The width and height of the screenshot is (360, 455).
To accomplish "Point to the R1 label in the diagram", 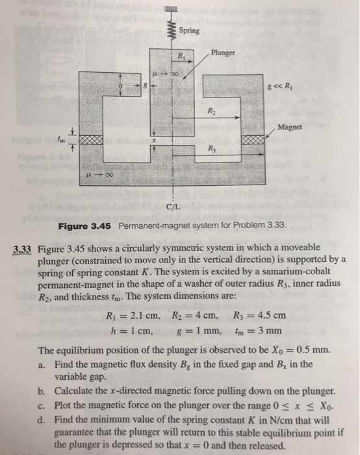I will coord(183,55).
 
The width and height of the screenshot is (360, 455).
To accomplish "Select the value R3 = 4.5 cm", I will coord(259,316).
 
